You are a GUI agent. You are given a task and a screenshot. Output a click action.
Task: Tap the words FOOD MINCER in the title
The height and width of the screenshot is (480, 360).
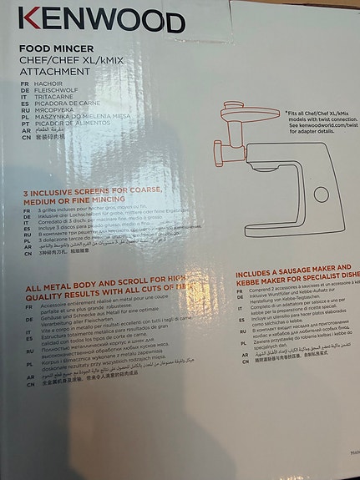pyautogui.click(x=59, y=50)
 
